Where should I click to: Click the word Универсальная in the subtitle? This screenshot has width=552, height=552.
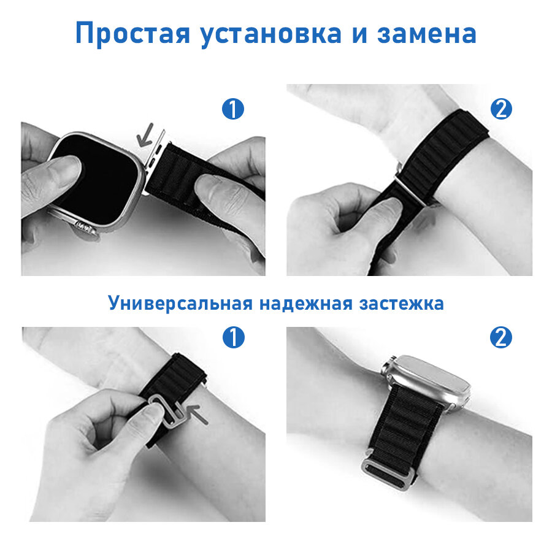(x=180, y=303)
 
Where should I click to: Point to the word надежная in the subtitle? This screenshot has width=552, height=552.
(x=306, y=304)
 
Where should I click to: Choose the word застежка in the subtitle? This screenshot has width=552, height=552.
(x=401, y=304)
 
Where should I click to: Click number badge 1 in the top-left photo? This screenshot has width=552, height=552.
(x=233, y=109)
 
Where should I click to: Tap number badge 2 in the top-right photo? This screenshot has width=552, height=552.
(x=501, y=109)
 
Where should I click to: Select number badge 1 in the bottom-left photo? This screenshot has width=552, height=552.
(x=234, y=337)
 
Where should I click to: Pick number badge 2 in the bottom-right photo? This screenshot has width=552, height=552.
(x=501, y=337)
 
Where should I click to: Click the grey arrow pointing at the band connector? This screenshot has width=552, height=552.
(x=145, y=136)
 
